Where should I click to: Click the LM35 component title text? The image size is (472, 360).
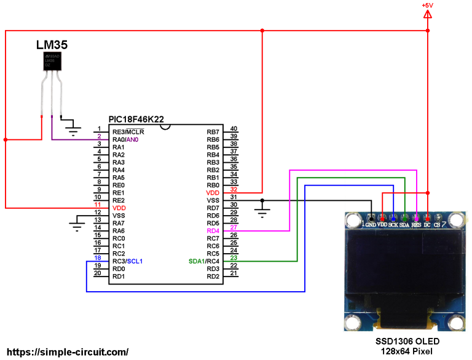pos(52,45)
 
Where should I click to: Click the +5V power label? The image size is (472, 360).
pos(427,6)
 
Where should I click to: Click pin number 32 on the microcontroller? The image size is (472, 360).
pos(234,190)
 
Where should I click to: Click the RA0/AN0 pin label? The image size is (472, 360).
pos(127,140)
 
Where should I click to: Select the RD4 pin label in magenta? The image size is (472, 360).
pos(213,230)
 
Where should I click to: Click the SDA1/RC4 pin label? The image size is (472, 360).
pos(204,261)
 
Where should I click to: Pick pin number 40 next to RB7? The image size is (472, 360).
pos(234,129)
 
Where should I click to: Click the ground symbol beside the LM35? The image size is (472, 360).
pos(74,129)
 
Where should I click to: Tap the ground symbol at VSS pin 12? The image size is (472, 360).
pos(76,226)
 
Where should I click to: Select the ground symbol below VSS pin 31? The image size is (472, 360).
pos(262,213)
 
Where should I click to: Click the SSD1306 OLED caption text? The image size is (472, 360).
pos(407,342)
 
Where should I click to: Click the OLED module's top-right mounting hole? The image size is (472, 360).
pos(455,220)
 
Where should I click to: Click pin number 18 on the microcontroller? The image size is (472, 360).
pos(97,258)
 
